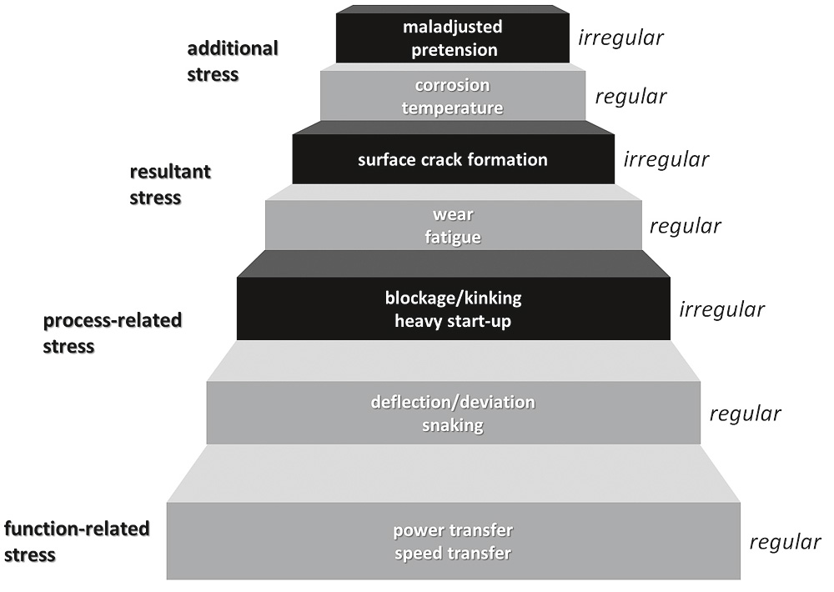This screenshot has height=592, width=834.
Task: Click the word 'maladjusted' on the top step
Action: [x=453, y=28]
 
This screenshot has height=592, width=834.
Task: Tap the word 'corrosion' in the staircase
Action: [x=453, y=86]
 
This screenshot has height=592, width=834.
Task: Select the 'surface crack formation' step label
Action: [x=453, y=159]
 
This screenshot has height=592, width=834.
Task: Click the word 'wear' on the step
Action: [x=453, y=216]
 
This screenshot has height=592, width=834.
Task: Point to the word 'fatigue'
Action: [x=453, y=238]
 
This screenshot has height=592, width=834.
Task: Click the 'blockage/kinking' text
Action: [x=453, y=298]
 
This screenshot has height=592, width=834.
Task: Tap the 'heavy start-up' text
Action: [x=453, y=320]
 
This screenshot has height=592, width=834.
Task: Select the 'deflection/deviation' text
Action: [x=453, y=403]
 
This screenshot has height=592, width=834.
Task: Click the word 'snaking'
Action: [x=453, y=425]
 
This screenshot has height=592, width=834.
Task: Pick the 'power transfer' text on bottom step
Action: [x=453, y=531]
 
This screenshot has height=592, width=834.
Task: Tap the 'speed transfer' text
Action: [x=453, y=554]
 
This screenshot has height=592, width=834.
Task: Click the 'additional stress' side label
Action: [x=232, y=61]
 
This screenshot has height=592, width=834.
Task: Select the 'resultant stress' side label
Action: [x=169, y=184]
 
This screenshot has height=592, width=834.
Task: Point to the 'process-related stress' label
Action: [x=112, y=333]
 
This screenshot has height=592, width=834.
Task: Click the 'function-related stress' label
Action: [x=77, y=541]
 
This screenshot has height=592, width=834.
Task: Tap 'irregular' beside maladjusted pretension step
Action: [x=621, y=38]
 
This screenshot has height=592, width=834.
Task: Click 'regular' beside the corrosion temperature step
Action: [x=631, y=96]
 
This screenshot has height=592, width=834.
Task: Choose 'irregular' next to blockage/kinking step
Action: [x=721, y=309]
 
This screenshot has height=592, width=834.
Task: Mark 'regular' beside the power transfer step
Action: [x=785, y=542]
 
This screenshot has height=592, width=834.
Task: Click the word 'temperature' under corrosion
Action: [x=453, y=108]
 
